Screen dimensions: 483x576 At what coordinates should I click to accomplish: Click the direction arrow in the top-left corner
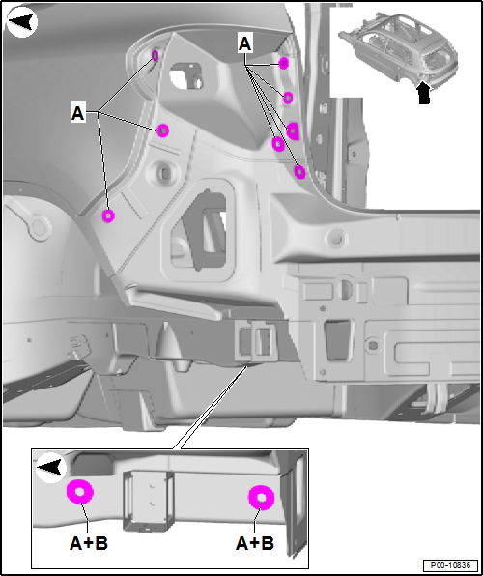click(x=22, y=22)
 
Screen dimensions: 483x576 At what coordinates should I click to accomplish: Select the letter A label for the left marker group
click(x=78, y=113)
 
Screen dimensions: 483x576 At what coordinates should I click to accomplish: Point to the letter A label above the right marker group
click(x=245, y=43)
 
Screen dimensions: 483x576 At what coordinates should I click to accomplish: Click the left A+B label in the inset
click(x=89, y=543)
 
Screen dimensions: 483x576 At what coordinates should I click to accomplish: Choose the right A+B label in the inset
click(x=254, y=543)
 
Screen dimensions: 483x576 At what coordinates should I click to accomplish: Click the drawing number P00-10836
click(x=450, y=565)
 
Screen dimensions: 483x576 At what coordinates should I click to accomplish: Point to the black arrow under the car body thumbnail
click(x=424, y=93)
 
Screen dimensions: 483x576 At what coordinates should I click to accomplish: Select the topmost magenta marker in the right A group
click(x=283, y=64)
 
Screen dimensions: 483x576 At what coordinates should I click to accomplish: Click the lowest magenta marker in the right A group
click(x=300, y=172)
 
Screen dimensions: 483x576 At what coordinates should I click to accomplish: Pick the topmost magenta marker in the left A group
click(x=155, y=56)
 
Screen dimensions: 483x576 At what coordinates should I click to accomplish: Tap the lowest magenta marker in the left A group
click(x=108, y=216)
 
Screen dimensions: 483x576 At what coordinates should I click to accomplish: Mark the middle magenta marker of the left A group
click(x=162, y=130)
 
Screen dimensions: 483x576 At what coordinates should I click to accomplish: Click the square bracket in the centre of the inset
click(x=148, y=501)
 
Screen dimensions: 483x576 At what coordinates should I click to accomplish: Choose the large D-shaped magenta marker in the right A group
click(x=293, y=131)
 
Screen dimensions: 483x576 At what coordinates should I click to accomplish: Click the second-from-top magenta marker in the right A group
click(x=288, y=98)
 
